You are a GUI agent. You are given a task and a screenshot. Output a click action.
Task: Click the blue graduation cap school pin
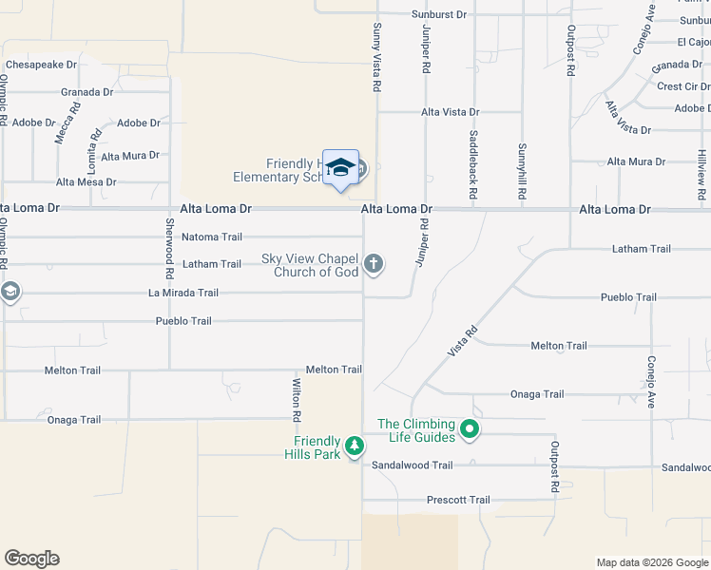coord(340,168)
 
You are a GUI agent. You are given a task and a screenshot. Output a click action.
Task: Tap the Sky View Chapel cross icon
coord(375,263)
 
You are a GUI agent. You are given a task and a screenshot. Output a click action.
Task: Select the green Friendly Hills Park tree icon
coord(355,446)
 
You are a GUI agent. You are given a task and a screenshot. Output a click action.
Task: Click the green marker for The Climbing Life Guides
coord(469,431)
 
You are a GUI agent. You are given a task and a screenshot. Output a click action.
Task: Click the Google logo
coord(31,559)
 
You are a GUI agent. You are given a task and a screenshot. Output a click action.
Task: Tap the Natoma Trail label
coord(212,237)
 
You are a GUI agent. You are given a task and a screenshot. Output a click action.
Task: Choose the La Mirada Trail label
coord(183,293)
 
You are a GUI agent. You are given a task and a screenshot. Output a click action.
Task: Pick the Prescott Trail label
coord(458,500)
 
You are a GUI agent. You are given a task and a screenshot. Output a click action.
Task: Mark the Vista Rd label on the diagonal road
coord(462,343)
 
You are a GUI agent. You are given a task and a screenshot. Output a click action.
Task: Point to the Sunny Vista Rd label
coord(377,57)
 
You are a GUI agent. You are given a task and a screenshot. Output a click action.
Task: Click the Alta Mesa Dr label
coord(86,181)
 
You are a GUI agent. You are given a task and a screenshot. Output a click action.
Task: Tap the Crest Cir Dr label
coord(682,85)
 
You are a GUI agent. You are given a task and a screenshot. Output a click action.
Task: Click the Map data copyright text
coord(651,562)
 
